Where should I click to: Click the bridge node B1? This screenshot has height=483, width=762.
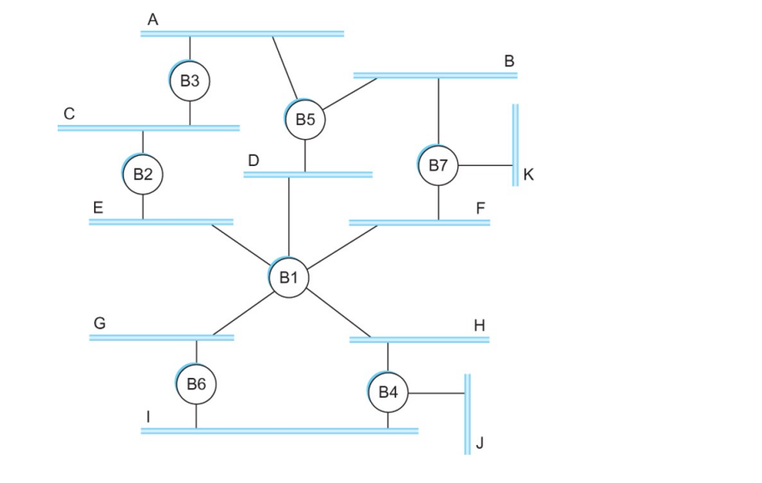[x=288, y=277]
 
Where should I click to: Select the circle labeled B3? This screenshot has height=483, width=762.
[x=190, y=80]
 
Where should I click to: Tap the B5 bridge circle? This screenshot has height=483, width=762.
[x=306, y=119]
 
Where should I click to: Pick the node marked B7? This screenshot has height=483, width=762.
[x=438, y=165]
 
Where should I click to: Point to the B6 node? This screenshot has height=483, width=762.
[x=197, y=384]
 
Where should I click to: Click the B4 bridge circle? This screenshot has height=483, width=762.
[x=388, y=392]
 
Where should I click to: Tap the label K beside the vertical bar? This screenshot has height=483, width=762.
[x=528, y=175]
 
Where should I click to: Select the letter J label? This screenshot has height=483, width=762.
[x=479, y=444]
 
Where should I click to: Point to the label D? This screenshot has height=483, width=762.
[x=253, y=160]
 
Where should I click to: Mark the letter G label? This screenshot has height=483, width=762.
[x=99, y=323]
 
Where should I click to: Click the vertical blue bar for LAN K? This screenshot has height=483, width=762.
[x=515, y=145]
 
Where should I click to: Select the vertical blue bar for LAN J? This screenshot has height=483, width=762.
[x=467, y=413]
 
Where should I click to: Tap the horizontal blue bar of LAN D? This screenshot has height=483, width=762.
[x=308, y=174]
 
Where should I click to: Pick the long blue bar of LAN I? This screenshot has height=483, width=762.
[x=280, y=431]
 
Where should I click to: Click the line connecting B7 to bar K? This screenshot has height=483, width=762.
[x=486, y=166]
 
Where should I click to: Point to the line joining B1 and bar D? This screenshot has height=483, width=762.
[x=289, y=217]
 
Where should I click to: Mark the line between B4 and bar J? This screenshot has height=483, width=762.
[x=436, y=393]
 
